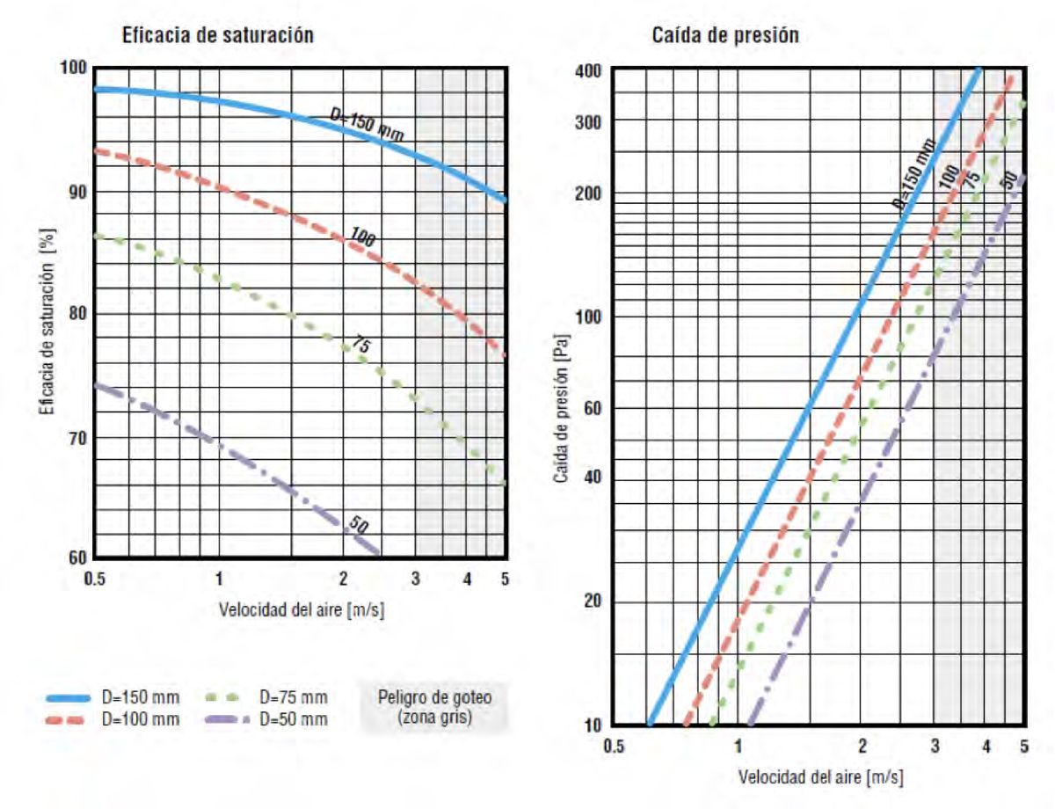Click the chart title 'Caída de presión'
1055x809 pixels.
pyautogui.click(x=725, y=36)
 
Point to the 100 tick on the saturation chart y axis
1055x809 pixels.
pyautogui.click(x=74, y=69)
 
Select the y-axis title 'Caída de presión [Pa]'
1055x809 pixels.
pyautogui.click(x=559, y=404)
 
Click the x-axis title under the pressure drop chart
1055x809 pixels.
pyautogui.click(x=820, y=777)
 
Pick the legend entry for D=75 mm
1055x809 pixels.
pyautogui.click(x=293, y=697)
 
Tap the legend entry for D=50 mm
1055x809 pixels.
pyautogui.click(x=293, y=719)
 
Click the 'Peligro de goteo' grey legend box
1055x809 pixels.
pyautogui.click(x=434, y=705)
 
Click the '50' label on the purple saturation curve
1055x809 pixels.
pyautogui.click(x=358, y=526)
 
